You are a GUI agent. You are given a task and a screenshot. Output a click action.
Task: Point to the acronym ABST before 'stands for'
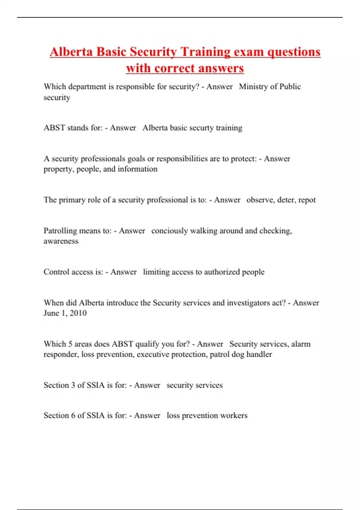[x=54, y=128]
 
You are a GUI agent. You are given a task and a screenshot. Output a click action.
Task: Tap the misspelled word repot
[x=307, y=200]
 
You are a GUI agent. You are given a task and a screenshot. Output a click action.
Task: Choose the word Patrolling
[x=60, y=231]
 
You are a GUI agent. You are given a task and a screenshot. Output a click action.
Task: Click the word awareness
[x=61, y=241]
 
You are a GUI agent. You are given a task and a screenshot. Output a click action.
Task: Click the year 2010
[x=78, y=313]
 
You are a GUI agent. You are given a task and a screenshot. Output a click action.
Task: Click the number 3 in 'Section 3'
[x=73, y=385]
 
